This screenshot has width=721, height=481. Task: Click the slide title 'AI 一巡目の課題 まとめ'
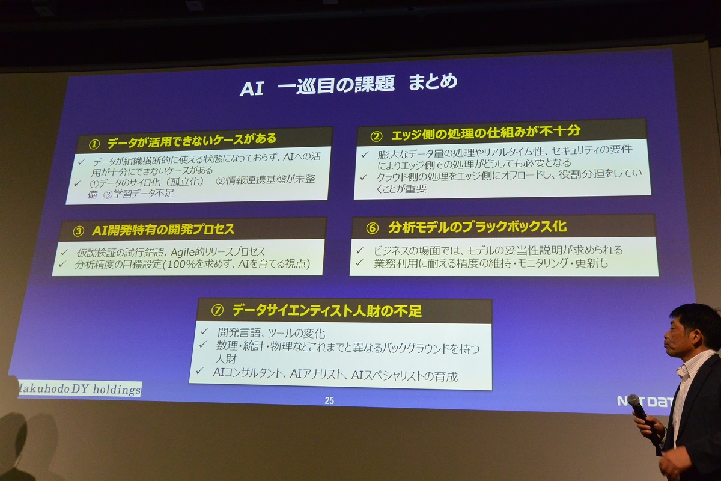tap(348, 85)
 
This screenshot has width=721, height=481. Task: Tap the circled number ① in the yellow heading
tap(94, 145)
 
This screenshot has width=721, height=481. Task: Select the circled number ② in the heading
tap(376, 136)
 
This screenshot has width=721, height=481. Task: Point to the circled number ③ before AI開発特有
tap(78, 231)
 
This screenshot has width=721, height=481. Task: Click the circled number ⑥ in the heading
tap(372, 228)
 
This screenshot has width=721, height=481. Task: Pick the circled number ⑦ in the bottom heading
tap(218, 310)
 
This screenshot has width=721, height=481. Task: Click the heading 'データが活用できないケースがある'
tap(192, 141)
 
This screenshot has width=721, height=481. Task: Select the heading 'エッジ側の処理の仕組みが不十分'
tap(485, 132)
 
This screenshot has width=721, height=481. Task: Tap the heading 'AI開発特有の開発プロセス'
tap(163, 230)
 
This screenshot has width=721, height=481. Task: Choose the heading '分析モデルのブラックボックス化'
tap(477, 227)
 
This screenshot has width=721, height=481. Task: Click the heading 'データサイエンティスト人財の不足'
tap(327, 311)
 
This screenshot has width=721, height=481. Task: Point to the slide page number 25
tap(329, 401)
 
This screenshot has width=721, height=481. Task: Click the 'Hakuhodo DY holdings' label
tap(80, 389)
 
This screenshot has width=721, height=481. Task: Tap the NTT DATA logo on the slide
tap(645, 402)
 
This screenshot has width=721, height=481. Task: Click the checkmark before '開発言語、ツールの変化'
tap(204, 331)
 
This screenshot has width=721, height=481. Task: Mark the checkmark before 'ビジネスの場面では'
tap(360, 250)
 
